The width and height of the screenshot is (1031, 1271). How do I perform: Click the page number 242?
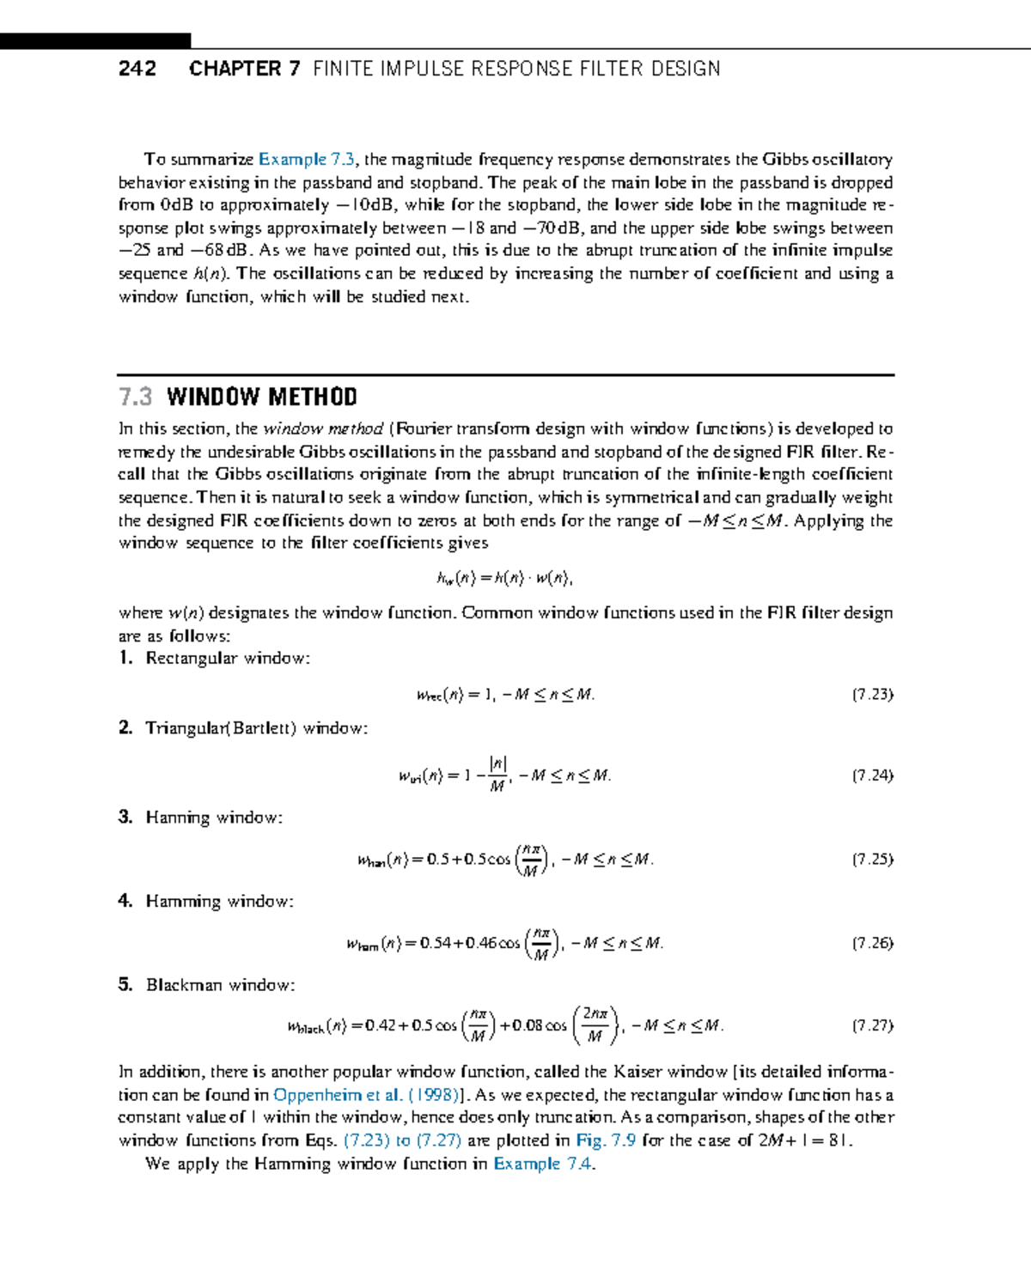(137, 69)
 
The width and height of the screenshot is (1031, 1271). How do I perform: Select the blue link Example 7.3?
(307, 160)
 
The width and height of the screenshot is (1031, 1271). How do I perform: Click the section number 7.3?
(135, 397)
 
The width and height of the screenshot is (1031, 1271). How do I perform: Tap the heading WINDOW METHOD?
(262, 397)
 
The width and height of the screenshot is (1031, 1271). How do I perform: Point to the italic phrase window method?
(323, 429)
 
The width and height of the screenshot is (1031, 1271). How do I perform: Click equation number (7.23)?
(872, 694)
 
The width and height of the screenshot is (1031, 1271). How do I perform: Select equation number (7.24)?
(872, 775)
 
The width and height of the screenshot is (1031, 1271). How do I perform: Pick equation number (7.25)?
(872, 859)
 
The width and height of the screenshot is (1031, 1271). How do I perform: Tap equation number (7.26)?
(872, 943)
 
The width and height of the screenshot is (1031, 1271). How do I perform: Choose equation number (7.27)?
(872, 1025)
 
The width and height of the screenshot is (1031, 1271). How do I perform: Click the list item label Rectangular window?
(228, 659)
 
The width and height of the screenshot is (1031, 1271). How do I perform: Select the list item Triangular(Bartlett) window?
(256, 728)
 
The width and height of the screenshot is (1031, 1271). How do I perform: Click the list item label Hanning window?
(214, 818)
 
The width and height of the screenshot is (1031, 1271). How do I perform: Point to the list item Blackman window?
(220, 985)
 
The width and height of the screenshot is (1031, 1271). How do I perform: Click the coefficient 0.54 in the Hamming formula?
(436, 944)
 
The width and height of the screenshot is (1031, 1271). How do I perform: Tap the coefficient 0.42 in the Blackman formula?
(380, 1025)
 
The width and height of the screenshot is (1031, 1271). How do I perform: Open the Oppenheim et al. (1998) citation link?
(366, 1095)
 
